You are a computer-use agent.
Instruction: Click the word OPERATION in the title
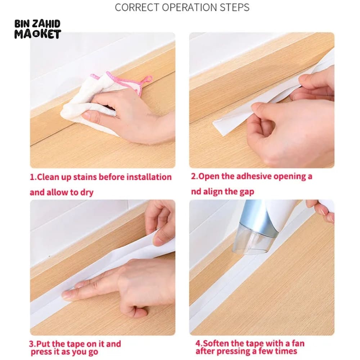point(190,7)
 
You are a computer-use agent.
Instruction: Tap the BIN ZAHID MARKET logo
point(38,29)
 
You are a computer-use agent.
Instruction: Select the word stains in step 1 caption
point(85,177)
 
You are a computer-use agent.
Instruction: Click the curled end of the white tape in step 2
point(220,128)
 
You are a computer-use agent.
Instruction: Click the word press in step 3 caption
point(41,352)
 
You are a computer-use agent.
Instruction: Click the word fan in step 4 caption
point(298,343)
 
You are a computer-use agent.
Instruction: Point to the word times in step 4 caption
point(286,351)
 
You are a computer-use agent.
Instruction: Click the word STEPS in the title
point(234,7)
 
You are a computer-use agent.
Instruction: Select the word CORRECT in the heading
point(137,7)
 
